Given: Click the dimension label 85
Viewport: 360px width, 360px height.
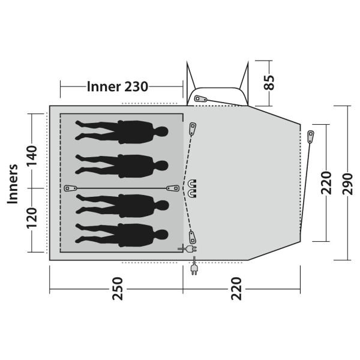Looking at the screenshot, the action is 269,82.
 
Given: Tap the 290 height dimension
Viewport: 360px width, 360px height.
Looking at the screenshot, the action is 347,184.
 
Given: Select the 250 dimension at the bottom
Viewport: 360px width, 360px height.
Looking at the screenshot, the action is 118,289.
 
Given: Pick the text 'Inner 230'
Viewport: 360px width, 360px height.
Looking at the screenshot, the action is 118,87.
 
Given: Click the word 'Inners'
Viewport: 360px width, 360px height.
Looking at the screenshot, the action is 13,184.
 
